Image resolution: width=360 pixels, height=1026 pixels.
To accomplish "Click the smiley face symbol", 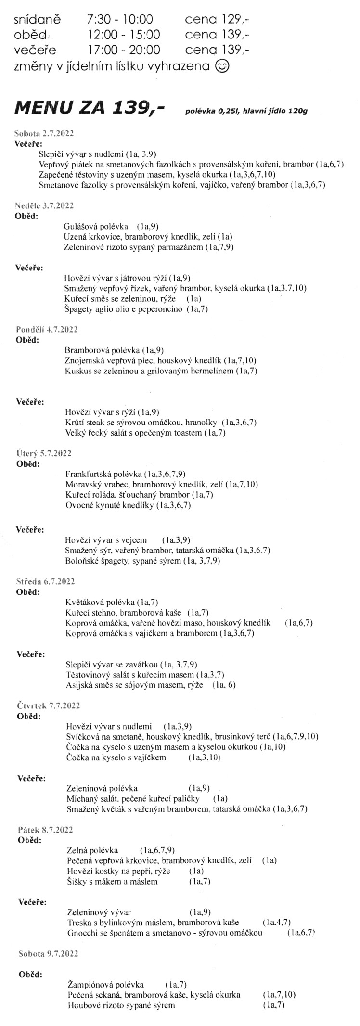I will (x=222, y=66).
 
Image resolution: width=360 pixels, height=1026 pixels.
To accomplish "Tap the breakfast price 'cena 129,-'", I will (x=217, y=20).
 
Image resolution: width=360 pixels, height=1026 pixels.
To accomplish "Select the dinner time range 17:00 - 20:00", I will (x=124, y=50).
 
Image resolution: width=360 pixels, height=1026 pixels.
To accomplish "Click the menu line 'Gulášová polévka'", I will (x=96, y=226).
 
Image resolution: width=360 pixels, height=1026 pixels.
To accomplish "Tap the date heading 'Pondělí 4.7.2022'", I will (x=47, y=329).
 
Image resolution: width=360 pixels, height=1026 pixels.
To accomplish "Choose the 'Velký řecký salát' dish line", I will (x=139, y=432).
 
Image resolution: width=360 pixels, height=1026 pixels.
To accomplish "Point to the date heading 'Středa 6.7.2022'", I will (x=46, y=581).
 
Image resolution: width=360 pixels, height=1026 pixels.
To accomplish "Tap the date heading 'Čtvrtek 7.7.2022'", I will (x=48, y=705).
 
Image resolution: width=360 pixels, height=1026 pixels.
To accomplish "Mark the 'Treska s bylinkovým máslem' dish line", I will (x=154, y=922).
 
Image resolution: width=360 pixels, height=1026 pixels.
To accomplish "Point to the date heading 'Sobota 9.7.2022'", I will (x=48, y=953).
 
